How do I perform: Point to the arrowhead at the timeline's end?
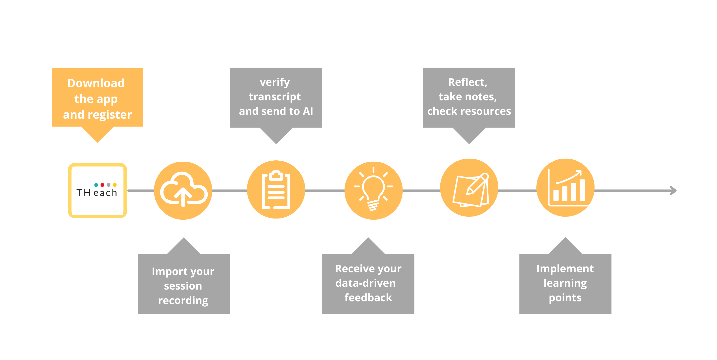[x=674, y=191]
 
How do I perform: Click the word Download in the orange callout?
[x=96, y=83]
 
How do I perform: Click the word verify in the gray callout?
[x=275, y=82]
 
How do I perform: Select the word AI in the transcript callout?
[x=308, y=111]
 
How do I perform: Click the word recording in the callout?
[x=183, y=301]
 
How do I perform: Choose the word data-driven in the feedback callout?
[x=365, y=283]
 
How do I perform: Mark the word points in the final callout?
[x=565, y=298]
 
